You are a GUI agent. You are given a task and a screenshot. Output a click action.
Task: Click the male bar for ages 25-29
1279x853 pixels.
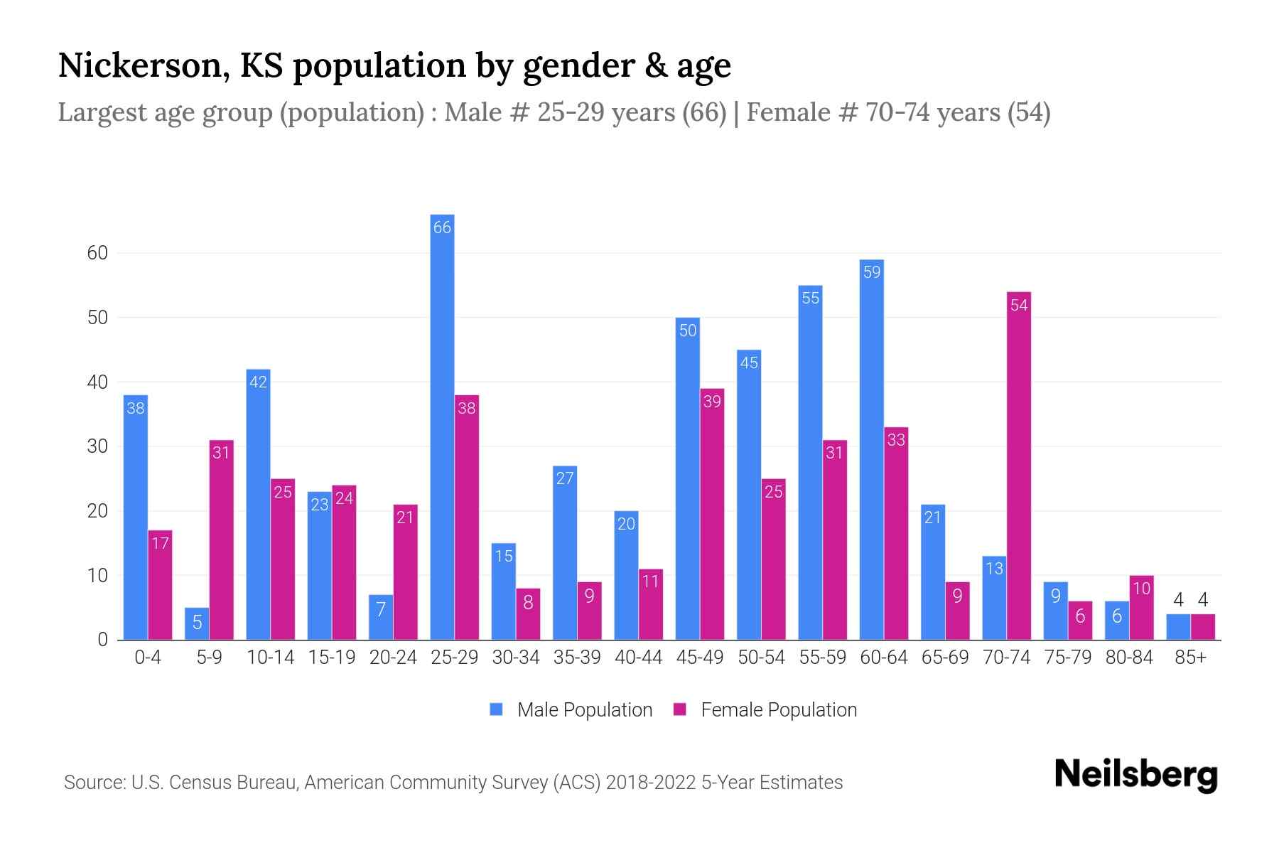point(442,426)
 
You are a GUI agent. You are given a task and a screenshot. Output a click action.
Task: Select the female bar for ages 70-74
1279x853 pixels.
point(1018,466)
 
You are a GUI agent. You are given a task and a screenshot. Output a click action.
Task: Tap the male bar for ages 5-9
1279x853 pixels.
point(197,624)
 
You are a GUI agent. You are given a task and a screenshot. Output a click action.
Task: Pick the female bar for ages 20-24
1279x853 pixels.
point(405,572)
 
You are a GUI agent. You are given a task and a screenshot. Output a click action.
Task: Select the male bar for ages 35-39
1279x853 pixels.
point(565,553)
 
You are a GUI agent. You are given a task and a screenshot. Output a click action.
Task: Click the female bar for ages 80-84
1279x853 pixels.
point(1141,608)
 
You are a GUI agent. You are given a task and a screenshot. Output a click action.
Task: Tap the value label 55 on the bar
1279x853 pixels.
point(810,299)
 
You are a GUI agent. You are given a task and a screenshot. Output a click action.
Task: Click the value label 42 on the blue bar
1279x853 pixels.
point(258,382)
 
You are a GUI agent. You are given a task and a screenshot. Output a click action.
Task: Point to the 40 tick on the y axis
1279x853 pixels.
point(97,382)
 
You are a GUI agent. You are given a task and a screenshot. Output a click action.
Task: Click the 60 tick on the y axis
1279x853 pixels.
point(97,253)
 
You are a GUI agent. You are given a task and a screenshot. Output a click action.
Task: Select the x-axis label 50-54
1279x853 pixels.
point(761,658)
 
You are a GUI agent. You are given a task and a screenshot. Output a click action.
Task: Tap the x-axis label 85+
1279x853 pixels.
point(1190,658)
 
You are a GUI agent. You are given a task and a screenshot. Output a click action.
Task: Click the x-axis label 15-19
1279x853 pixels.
point(332,658)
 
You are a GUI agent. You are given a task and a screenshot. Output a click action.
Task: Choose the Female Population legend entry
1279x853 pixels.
point(765,710)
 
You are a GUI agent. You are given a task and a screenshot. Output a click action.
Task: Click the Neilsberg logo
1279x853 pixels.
point(1135,775)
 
